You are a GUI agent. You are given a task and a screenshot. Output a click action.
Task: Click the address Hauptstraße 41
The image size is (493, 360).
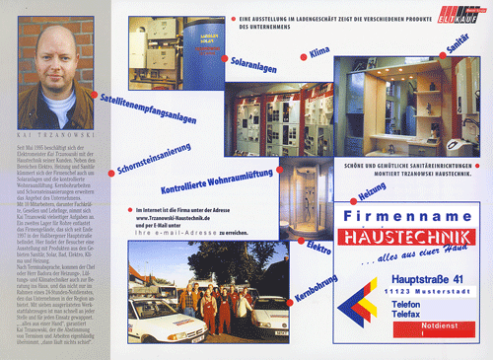427,284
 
